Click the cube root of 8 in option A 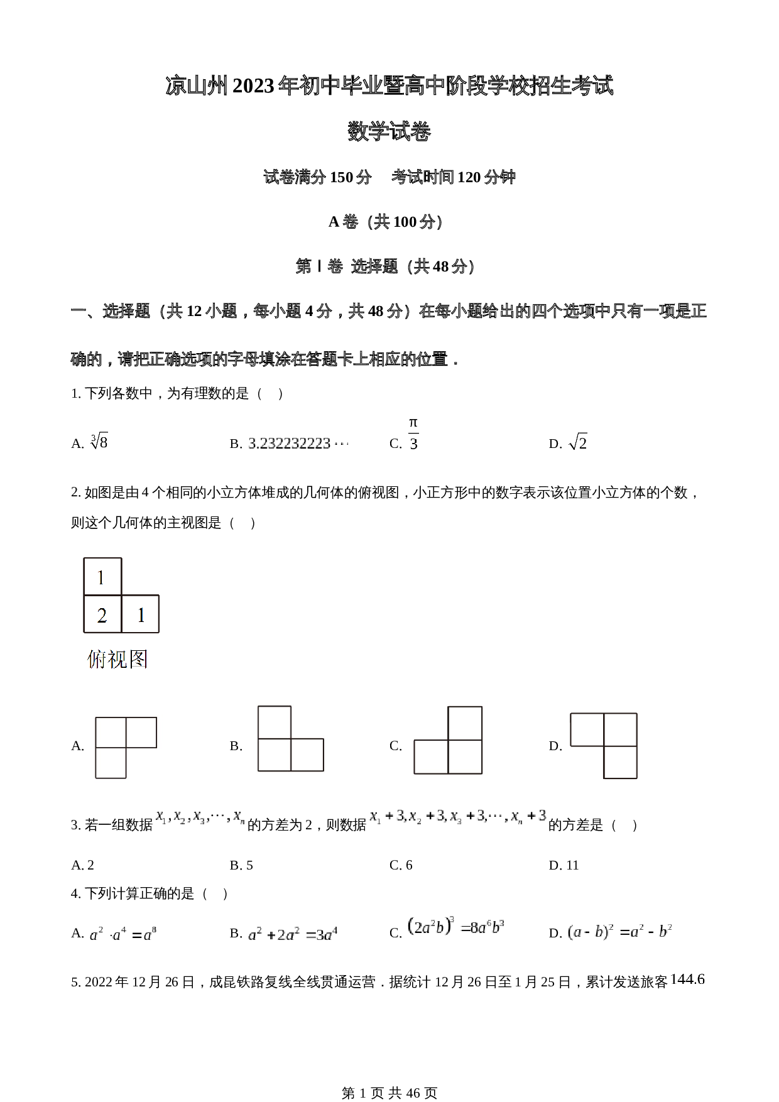pos(99,442)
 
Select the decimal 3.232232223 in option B pos(297,444)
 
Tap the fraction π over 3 pos(413,434)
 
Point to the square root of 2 pos(577,443)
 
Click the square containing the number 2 pos(102,614)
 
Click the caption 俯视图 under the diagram pos(117,659)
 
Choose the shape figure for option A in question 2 pos(125,747)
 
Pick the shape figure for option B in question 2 pos(290,739)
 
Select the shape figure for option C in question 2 pos(448,740)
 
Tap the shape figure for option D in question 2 pos(604,746)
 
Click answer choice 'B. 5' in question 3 pos(241,865)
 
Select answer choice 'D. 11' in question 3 pos(564,865)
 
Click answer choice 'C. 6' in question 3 pos(401,865)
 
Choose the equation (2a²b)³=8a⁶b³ pos(456,927)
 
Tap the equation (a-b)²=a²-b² pos(619,932)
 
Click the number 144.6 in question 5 pos(687,979)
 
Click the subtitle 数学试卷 pos(389,132)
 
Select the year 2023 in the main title pos(253,86)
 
